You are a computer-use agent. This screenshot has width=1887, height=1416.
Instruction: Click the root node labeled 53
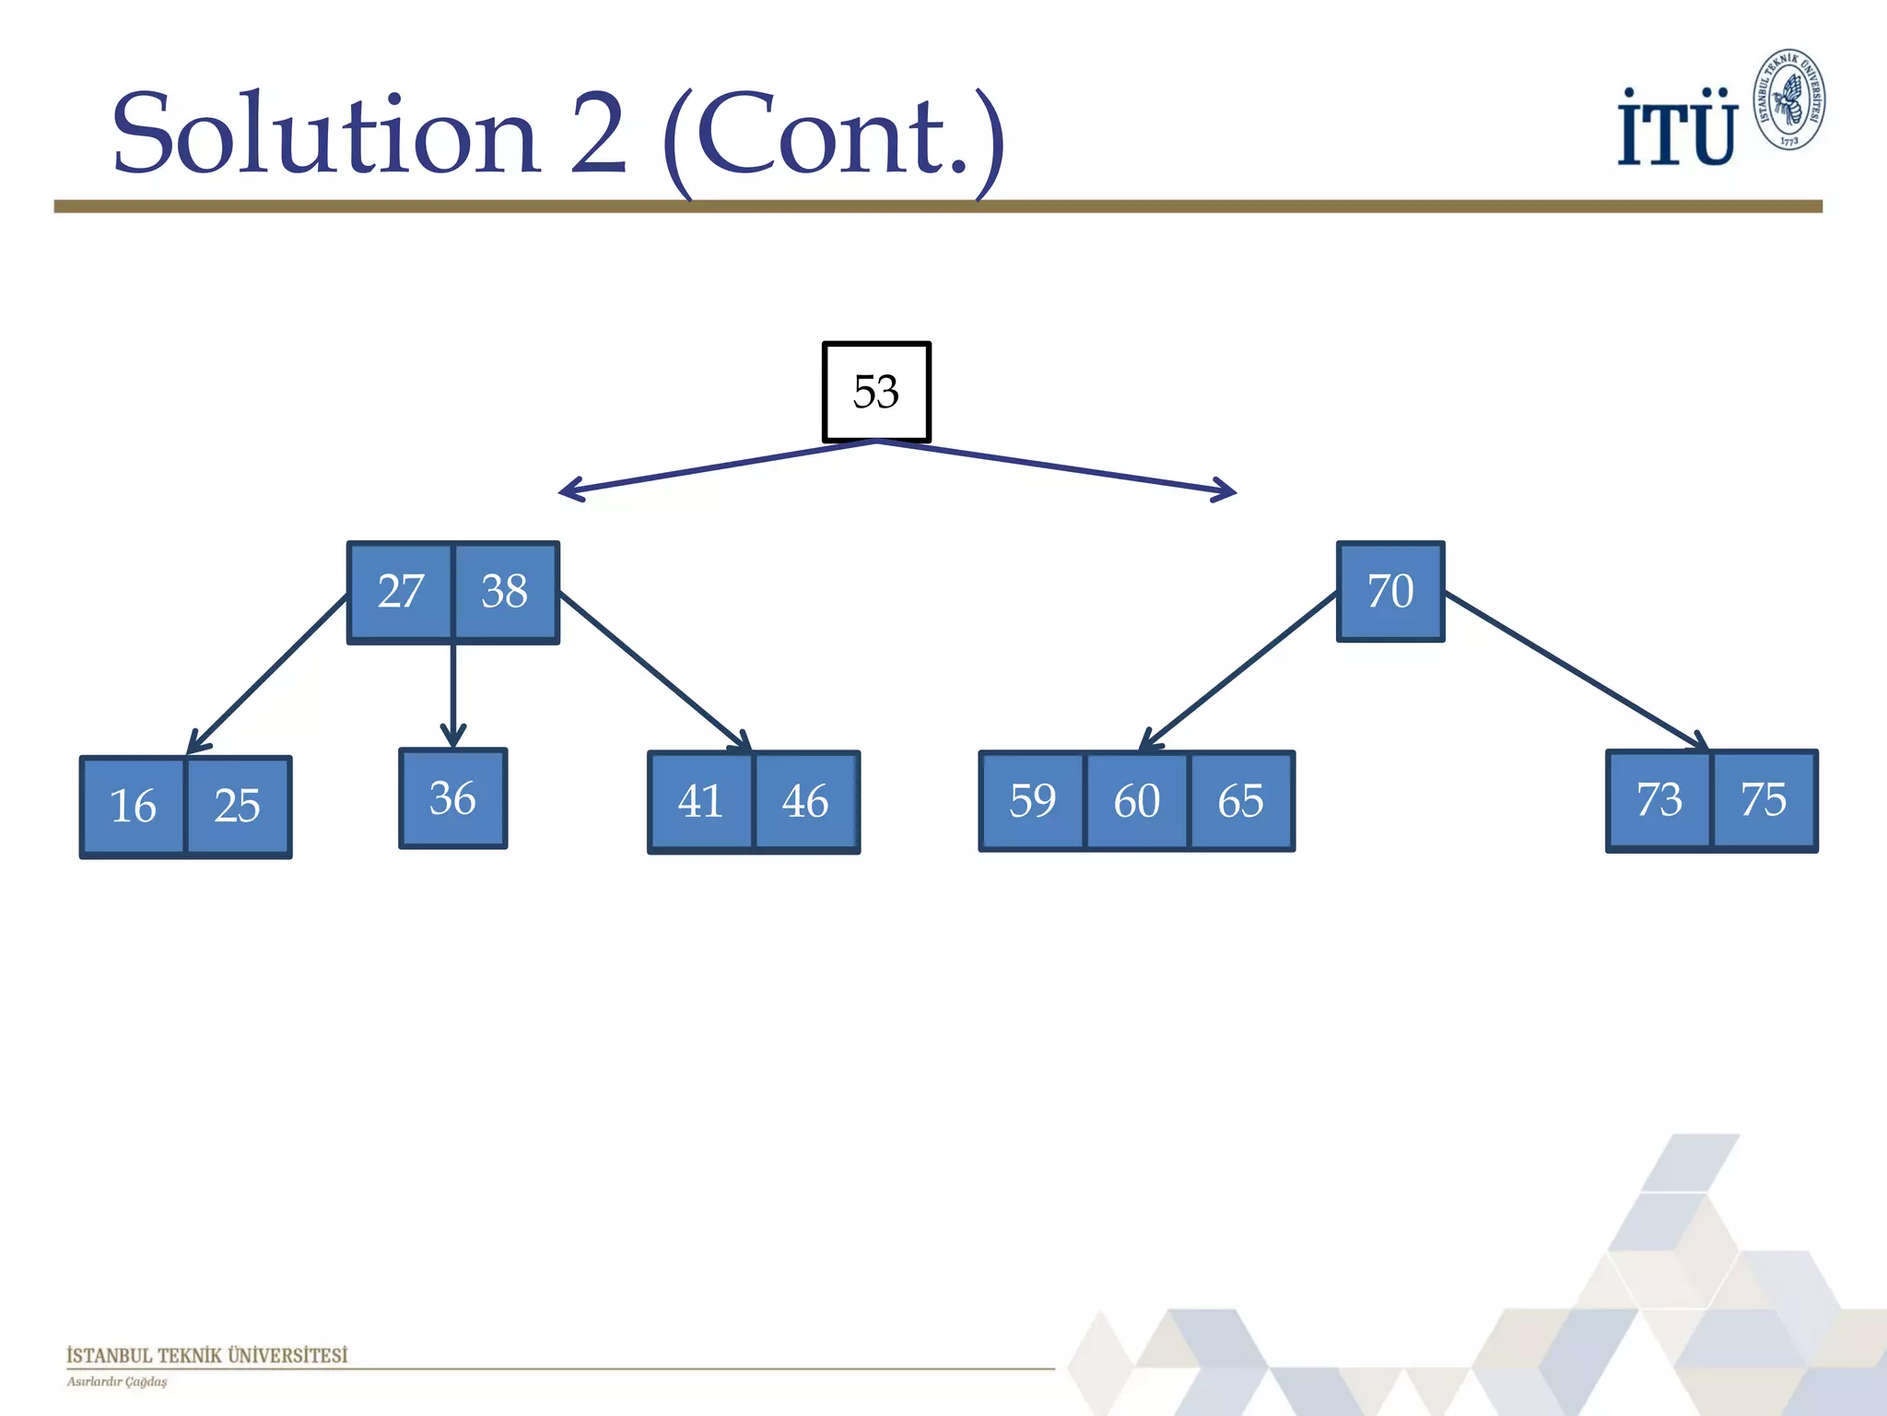click(x=876, y=392)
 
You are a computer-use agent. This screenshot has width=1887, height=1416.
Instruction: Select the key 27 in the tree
click(x=401, y=591)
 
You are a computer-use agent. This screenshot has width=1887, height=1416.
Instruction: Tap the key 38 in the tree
click(x=505, y=591)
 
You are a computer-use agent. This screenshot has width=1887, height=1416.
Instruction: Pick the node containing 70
click(x=1390, y=591)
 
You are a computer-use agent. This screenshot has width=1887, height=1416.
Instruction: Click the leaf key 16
click(x=134, y=806)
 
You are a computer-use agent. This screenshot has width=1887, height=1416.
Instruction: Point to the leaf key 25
click(x=238, y=806)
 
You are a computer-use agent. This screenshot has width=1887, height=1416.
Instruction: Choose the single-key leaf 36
click(x=452, y=798)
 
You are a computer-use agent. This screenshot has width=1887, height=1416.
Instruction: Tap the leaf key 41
click(x=701, y=801)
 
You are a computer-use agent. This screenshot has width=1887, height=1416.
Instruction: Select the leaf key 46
click(x=805, y=801)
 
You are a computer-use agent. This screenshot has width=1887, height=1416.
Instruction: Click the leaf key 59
click(x=1032, y=800)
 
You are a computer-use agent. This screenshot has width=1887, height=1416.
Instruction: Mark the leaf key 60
click(x=1137, y=800)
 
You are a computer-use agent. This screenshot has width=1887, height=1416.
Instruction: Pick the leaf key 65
click(x=1241, y=800)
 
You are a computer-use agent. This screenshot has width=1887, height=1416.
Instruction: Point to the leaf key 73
click(x=1659, y=799)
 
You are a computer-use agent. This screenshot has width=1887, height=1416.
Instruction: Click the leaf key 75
click(x=1764, y=799)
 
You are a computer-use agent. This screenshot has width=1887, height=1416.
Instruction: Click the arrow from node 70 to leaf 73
click(x=1576, y=671)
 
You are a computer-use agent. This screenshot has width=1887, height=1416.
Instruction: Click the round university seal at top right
click(x=1788, y=100)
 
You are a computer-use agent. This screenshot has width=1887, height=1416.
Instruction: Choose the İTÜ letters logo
click(x=1676, y=129)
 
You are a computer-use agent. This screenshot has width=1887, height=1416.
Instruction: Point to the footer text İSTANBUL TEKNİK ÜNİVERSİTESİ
click(x=207, y=1355)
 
